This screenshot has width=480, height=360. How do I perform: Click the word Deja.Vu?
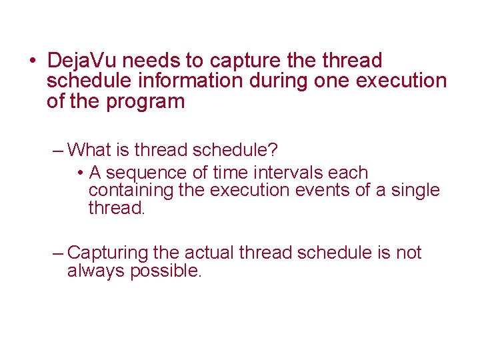[83, 61]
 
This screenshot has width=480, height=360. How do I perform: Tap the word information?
[197, 81]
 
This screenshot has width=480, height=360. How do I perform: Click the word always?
[97, 272]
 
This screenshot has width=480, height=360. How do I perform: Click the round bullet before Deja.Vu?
[33, 62]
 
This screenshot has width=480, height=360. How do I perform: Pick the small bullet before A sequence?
[79, 173]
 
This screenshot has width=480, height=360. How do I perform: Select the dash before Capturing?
[58, 253]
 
